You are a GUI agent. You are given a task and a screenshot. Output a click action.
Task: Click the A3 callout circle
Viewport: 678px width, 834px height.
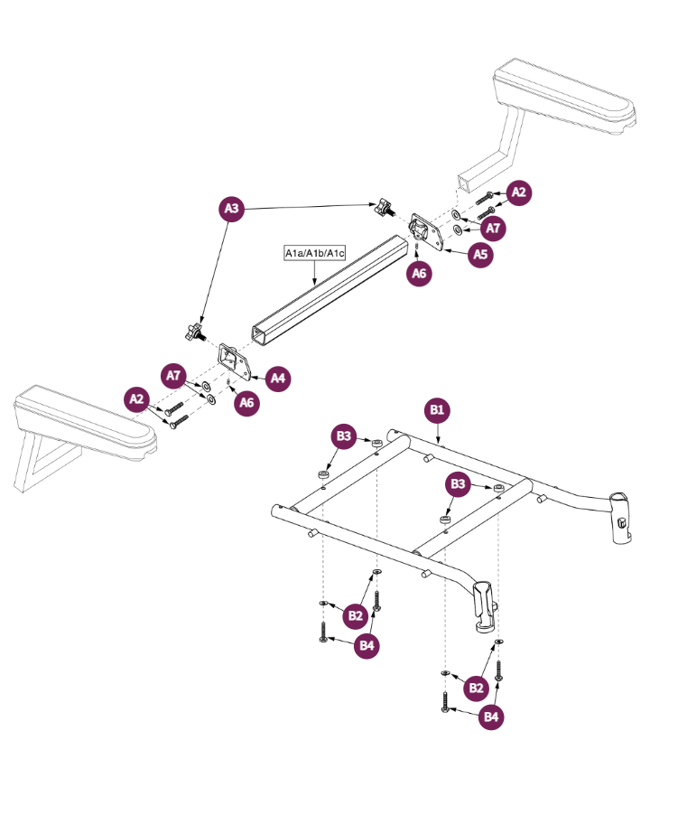point(232,209)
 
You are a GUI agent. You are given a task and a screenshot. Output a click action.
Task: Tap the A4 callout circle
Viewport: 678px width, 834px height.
point(278,378)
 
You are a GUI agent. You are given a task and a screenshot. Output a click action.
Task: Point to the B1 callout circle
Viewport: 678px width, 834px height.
point(437,411)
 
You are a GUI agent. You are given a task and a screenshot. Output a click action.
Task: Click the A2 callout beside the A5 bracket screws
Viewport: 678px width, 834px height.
point(518,192)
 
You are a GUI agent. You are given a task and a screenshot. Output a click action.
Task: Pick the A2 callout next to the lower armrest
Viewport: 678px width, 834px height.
point(136,398)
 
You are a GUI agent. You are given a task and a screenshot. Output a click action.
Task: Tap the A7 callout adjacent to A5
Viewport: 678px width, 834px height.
point(492,229)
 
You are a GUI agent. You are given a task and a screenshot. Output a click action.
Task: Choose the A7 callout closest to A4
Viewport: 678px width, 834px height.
point(175,375)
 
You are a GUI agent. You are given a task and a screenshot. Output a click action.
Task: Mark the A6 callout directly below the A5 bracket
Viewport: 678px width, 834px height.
point(418,274)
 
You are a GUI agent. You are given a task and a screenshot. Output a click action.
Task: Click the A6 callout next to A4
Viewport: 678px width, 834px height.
point(246,403)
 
